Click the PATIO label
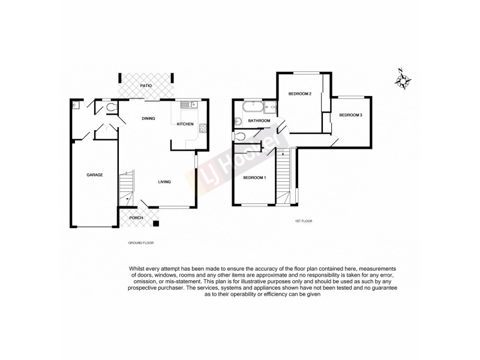click(x=146, y=86)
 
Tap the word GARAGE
click(x=95, y=175)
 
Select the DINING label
click(x=148, y=119)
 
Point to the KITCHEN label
click(x=185, y=124)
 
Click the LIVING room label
click(x=165, y=182)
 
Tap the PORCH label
click(x=136, y=217)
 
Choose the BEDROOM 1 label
click(x=254, y=178)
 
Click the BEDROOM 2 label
click(x=299, y=94)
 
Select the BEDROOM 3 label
click(x=350, y=115)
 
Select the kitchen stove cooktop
click(x=203, y=127)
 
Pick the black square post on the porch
click(x=156, y=224)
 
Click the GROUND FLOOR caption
click(x=141, y=243)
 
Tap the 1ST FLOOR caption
click(x=303, y=221)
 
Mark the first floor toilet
click(x=240, y=136)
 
